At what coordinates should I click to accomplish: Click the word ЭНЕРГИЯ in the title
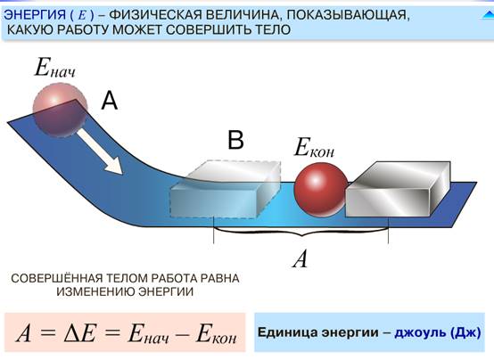(x=35, y=15)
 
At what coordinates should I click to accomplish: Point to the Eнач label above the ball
(x=55, y=68)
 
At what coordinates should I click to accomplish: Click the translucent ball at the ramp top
(x=60, y=110)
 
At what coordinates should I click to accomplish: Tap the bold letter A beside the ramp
(x=110, y=101)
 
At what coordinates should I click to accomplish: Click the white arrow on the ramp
(x=100, y=151)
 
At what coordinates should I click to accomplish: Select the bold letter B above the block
(x=235, y=140)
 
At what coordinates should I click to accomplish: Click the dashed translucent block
(x=225, y=189)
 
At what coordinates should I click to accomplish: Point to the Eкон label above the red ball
(x=314, y=148)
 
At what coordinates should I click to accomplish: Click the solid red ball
(x=321, y=190)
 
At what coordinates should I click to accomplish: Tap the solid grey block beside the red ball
(x=399, y=189)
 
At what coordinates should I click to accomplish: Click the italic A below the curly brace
(x=300, y=259)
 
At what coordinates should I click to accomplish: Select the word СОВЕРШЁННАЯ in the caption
(x=57, y=278)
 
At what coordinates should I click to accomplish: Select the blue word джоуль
(x=420, y=333)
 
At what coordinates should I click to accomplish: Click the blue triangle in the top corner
(x=488, y=15)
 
